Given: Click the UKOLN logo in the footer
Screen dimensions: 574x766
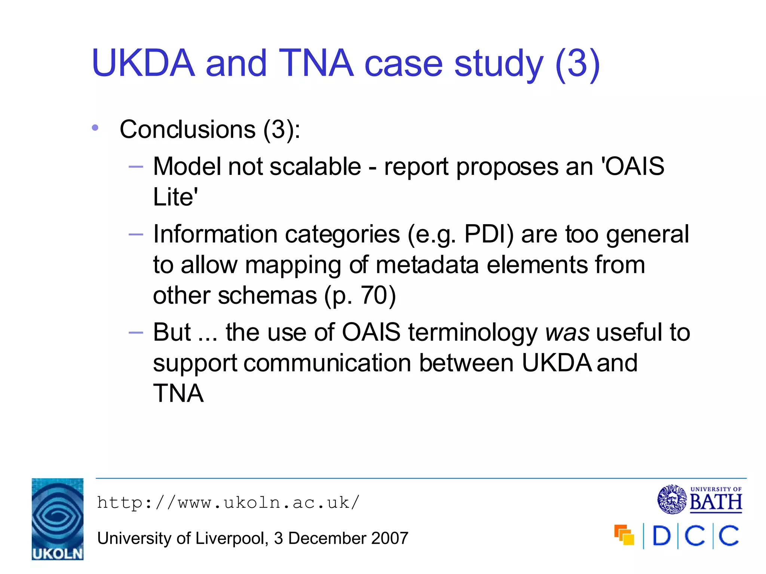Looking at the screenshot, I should point(57,519).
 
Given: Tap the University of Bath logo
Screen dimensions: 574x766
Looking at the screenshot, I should point(700,500).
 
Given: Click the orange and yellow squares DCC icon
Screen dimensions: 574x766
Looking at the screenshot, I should point(624,535).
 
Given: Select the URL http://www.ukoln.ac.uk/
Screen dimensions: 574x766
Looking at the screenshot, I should point(228,503).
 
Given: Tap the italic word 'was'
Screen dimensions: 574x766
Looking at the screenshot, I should point(567,332).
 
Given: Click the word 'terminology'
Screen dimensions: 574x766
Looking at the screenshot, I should point(473,332).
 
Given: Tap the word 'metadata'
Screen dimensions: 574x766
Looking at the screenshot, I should point(427,265).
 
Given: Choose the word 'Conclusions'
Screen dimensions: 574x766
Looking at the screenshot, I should point(187,130).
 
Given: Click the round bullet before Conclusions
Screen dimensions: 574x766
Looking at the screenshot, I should point(95,128).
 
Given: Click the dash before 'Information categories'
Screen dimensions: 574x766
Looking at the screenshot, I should point(135,235).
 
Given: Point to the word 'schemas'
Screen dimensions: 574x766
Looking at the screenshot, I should point(267,296).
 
